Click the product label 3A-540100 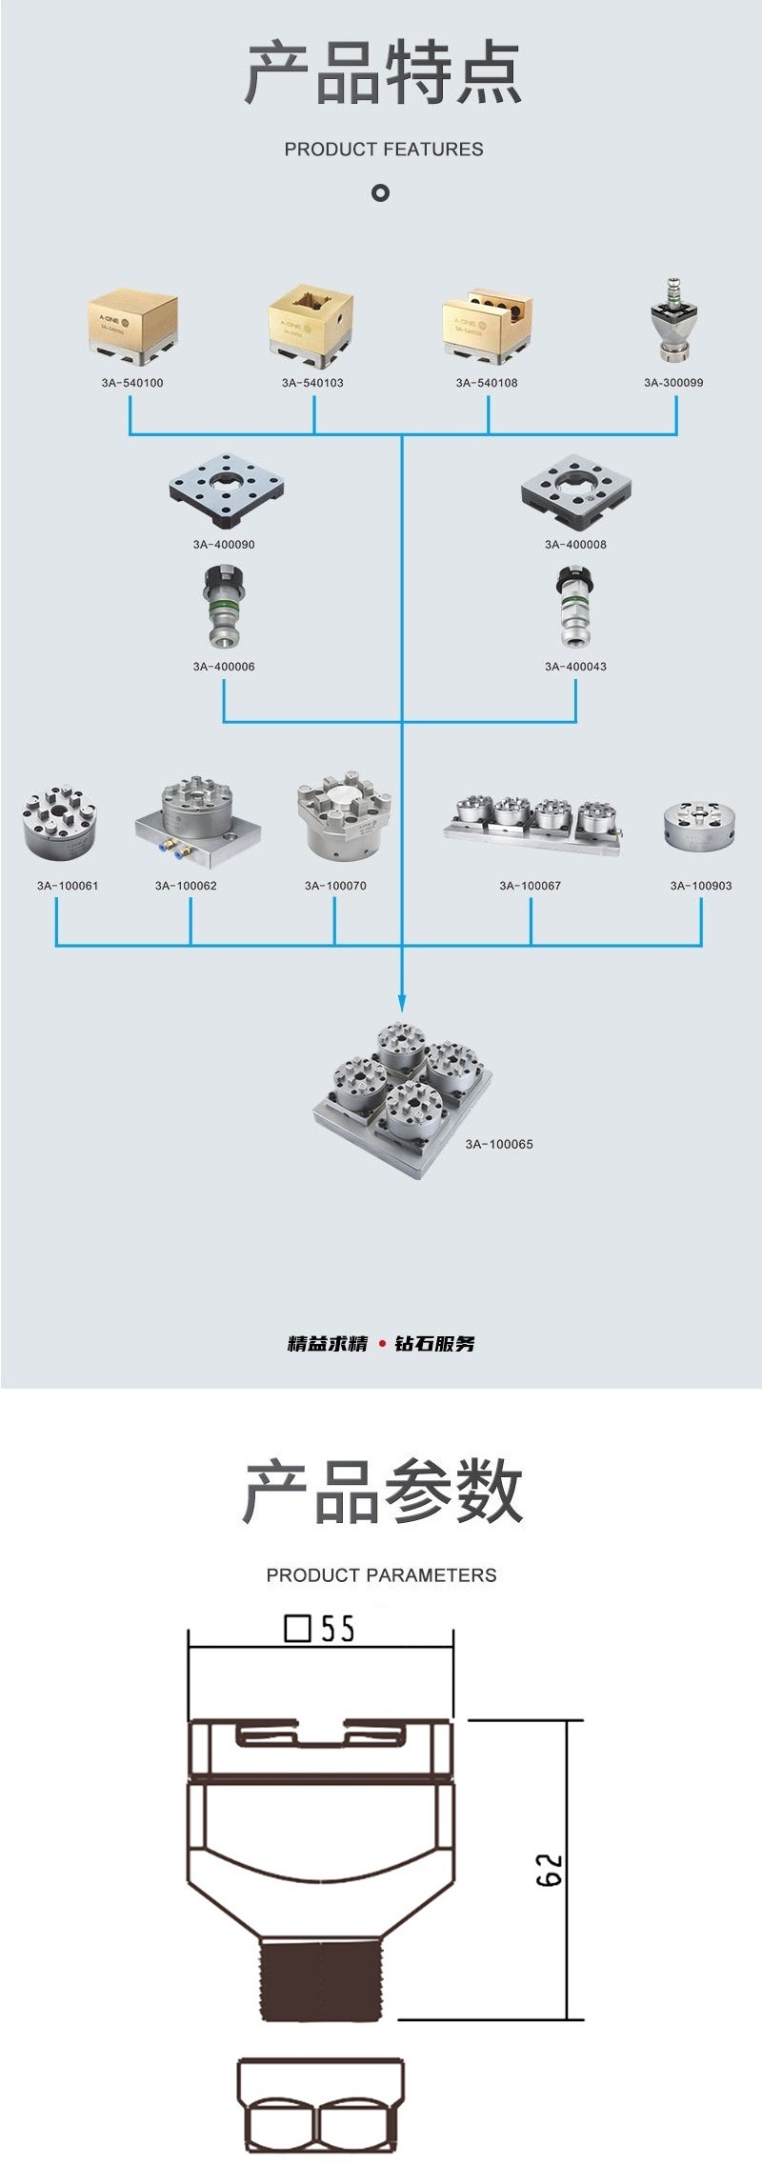132,383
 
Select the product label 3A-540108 487,383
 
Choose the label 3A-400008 575,545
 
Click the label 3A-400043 575,667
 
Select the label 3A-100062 186,886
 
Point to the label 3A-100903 701,886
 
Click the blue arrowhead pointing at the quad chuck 402,1003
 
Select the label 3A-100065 499,1144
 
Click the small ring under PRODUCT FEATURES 381,193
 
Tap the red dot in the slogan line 382,1344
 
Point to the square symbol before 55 298,1628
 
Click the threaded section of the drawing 322,1981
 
